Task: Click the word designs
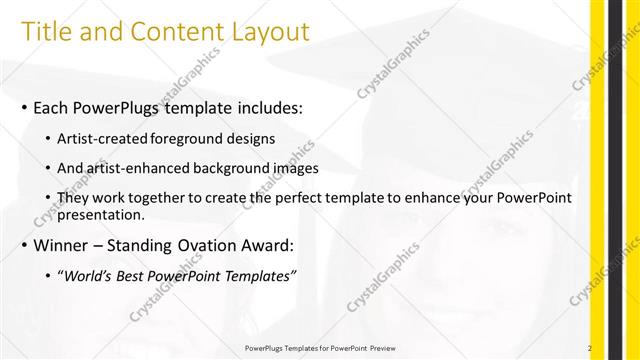pyautogui.click(x=252, y=137)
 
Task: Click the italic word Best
pyautogui.click(x=131, y=276)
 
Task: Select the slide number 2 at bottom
pyautogui.click(x=590, y=347)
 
